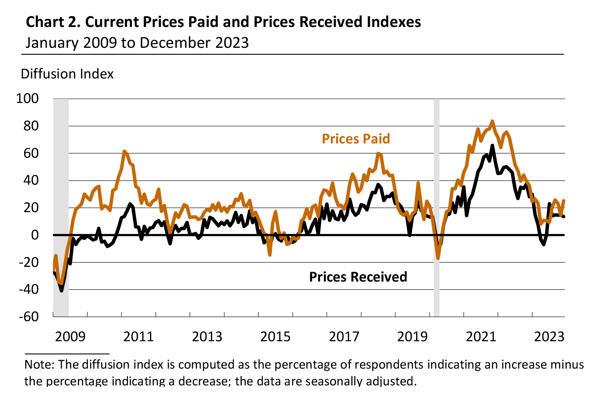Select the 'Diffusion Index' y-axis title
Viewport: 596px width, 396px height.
click(x=67, y=74)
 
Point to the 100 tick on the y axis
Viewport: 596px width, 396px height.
click(x=27, y=98)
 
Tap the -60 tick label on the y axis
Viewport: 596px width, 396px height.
click(x=28, y=317)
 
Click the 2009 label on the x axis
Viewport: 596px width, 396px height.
click(x=70, y=337)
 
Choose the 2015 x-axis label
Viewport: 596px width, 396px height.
click(x=276, y=337)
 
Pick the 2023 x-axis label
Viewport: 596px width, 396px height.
click(x=549, y=337)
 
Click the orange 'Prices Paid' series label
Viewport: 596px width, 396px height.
click(x=356, y=139)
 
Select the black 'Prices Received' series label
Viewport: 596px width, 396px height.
click(x=358, y=277)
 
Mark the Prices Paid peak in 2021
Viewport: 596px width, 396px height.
click(x=492, y=121)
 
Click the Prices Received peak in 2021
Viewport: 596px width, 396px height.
click(x=492, y=145)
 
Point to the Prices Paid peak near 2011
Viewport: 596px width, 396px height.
click(x=124, y=151)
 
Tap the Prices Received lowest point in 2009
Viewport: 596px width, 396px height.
click(x=62, y=291)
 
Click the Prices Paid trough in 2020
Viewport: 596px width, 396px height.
click(x=438, y=258)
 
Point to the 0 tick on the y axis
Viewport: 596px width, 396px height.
click(x=35, y=235)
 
